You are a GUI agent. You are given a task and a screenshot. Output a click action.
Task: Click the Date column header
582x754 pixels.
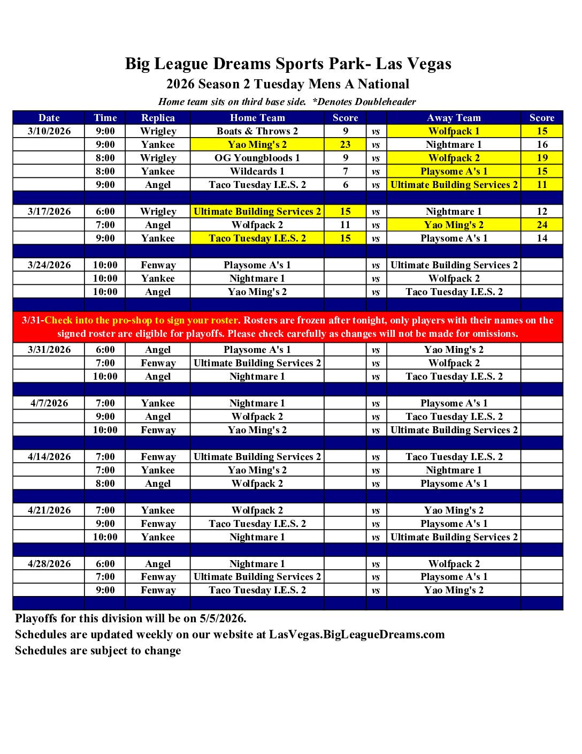(49, 118)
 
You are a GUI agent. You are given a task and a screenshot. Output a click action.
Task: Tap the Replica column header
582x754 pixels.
(158, 118)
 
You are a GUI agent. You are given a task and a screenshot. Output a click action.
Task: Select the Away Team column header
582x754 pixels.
(454, 118)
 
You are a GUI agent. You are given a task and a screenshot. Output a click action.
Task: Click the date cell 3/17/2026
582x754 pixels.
(49, 212)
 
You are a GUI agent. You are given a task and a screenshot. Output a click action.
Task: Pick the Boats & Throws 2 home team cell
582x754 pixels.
(257, 131)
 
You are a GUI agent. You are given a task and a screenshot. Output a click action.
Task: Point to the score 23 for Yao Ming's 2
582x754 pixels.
(345, 145)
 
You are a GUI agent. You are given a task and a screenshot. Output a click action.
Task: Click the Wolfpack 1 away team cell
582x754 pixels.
(454, 131)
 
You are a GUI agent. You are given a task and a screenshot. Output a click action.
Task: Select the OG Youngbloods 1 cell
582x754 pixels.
(257, 158)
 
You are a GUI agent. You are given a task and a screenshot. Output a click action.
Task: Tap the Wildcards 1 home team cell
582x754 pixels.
(257, 171)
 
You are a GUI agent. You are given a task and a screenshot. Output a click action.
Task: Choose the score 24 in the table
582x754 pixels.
(542, 225)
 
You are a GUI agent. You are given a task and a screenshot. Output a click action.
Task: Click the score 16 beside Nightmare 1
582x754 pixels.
(542, 145)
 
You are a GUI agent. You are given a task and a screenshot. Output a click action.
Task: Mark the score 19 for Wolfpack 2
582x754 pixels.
(542, 158)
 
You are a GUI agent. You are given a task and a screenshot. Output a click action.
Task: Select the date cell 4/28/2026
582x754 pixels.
(49, 564)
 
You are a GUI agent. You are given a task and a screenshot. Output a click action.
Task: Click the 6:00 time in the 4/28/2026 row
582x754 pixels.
(105, 564)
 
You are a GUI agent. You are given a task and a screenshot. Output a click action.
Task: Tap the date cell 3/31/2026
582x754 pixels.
(49, 350)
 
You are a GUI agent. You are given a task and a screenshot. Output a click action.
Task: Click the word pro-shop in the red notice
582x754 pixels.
(132, 320)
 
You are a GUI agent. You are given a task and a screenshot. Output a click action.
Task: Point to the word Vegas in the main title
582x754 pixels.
(428, 64)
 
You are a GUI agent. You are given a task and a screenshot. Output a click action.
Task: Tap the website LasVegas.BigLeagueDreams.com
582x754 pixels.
(357, 635)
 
